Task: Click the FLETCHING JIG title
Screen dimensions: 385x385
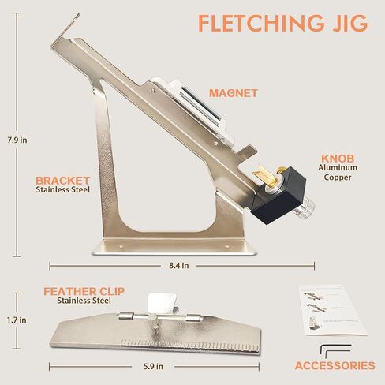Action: click(x=282, y=23)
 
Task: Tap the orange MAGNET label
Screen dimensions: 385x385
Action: click(x=234, y=93)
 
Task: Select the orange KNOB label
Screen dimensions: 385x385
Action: click(x=338, y=159)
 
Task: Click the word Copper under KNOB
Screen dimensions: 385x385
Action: click(x=338, y=178)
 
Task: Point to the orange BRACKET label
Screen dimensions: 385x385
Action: click(x=62, y=181)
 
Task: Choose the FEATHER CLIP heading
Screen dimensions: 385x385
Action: click(x=84, y=291)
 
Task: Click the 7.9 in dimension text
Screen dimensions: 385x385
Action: click(x=17, y=140)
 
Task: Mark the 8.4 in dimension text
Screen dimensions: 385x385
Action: click(x=179, y=266)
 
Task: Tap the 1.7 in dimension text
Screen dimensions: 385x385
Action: click(x=17, y=320)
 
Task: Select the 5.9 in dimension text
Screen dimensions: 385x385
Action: click(x=153, y=366)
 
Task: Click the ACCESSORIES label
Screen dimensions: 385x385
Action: click(x=335, y=366)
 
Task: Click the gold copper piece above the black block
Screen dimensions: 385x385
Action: click(x=267, y=175)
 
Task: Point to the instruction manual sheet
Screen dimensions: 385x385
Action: click(x=332, y=310)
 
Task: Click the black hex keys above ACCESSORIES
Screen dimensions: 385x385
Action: click(x=335, y=351)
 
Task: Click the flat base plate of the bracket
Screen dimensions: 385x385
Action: click(x=174, y=247)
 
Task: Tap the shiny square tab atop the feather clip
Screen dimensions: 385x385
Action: click(x=163, y=302)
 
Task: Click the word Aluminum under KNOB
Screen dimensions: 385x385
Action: click(x=338, y=168)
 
